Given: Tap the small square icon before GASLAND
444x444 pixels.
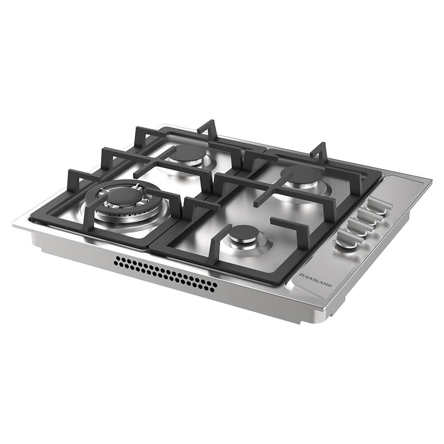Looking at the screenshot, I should (301, 276).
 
